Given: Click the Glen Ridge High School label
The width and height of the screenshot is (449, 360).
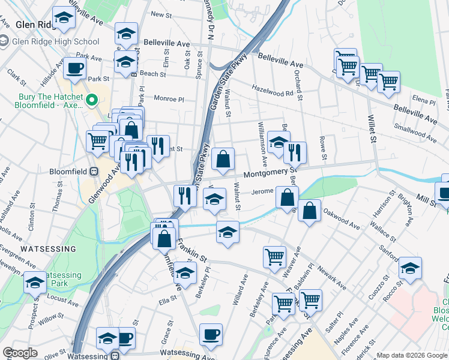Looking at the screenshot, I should click(55, 41).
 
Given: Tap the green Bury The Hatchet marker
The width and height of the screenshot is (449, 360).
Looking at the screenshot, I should click(92, 100).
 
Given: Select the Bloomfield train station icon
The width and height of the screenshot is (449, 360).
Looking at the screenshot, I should click(94, 171).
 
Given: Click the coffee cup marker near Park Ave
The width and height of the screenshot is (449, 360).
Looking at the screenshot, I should click(74, 68).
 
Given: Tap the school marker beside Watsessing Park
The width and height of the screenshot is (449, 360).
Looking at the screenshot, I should click(35, 282).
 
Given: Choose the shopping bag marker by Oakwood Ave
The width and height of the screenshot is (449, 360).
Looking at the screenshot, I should click(309, 211).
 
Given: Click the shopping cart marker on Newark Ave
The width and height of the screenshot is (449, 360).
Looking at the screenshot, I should click(274, 256).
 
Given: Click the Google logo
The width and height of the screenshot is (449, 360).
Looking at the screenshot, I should click(20, 353).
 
